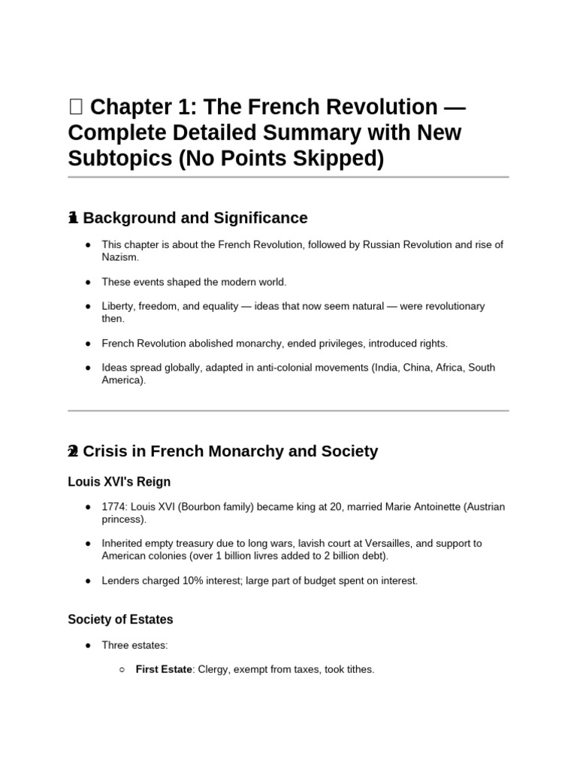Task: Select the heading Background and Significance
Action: [x=195, y=218]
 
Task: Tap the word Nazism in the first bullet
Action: [x=120, y=257]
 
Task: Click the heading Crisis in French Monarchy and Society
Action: [x=230, y=451]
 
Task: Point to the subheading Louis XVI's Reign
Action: [x=119, y=481]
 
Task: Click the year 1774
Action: [x=114, y=507]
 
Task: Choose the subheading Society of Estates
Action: [x=120, y=620]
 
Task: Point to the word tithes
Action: [x=358, y=668]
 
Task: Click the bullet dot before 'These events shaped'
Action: [x=89, y=282]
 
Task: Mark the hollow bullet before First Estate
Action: [x=122, y=669]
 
